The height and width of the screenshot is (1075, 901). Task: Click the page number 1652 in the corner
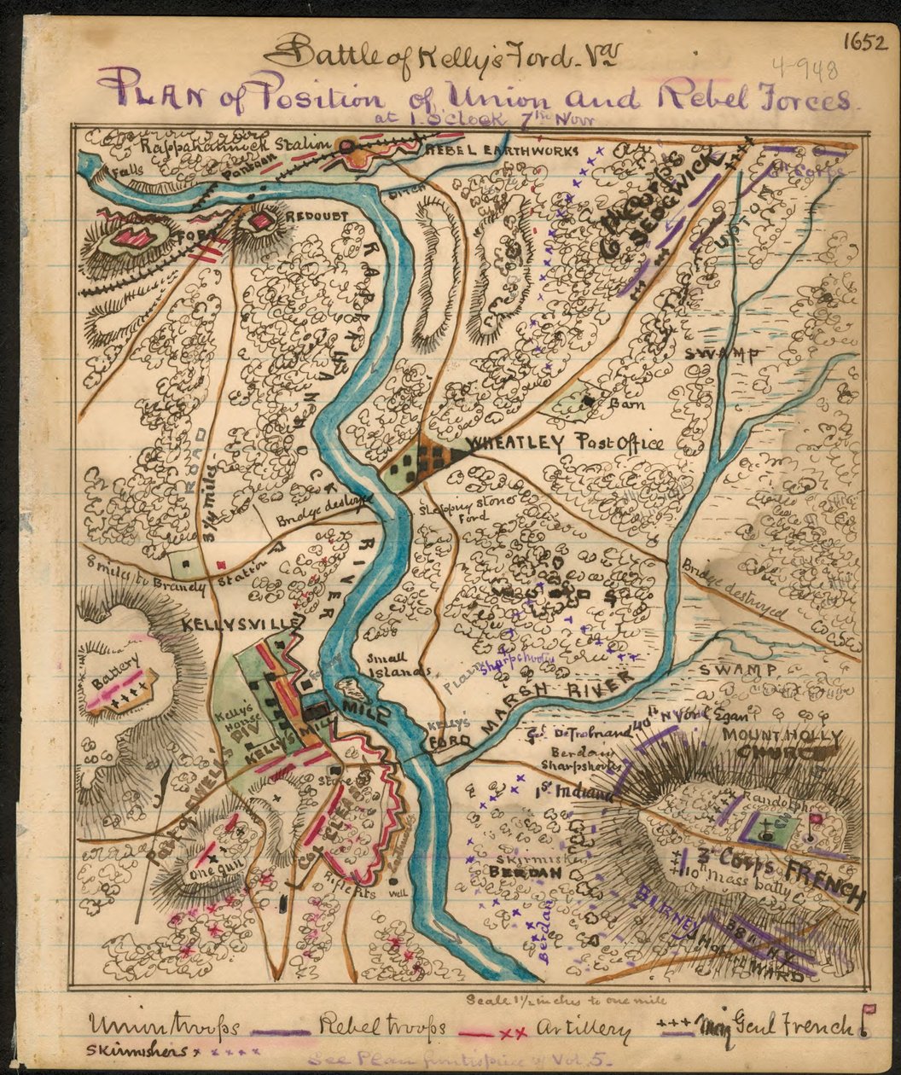(x=866, y=43)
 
